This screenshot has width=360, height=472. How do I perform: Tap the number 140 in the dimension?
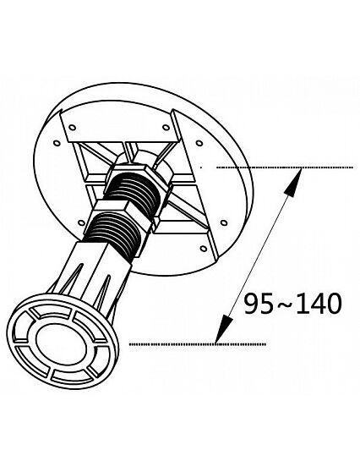point(319,304)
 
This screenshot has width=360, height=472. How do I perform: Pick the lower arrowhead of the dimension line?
point(223,329)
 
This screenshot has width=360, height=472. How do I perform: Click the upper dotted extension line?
point(285,167)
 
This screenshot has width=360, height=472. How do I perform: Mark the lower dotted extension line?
point(198,344)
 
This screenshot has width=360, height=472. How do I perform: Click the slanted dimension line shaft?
point(259,255)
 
